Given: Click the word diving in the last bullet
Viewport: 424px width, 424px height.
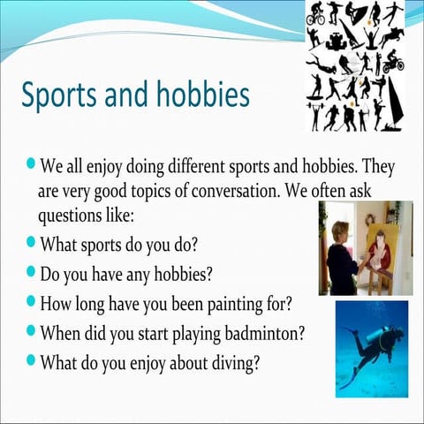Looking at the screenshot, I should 228,363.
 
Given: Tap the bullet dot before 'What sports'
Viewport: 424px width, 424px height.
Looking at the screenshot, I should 32,241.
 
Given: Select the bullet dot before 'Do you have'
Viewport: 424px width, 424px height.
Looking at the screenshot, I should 32,271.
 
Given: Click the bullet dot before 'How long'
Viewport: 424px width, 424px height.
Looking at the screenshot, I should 32,301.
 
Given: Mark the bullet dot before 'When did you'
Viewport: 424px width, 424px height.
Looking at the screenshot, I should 32,332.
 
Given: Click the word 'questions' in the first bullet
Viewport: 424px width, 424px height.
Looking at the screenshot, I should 71,214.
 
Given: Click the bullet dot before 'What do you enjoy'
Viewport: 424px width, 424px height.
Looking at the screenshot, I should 32,361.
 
